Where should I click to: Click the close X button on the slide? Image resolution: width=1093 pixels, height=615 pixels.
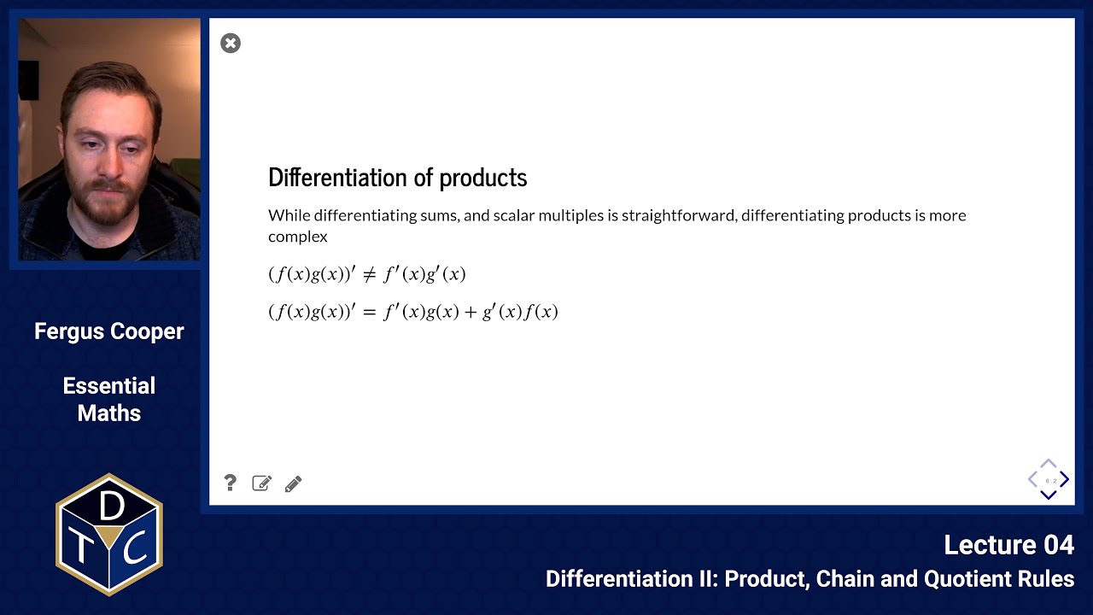[231, 44]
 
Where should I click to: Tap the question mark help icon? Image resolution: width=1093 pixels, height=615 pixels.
[230, 483]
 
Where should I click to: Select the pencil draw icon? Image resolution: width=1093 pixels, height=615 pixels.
[293, 484]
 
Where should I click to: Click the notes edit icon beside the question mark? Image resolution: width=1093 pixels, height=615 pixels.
[261, 483]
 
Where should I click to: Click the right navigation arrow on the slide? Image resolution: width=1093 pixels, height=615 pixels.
[1065, 480]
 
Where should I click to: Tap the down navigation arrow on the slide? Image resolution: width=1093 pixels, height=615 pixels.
[1049, 495]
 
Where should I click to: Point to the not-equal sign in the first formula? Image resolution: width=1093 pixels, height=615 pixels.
[369, 275]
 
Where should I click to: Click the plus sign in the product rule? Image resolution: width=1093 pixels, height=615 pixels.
[471, 313]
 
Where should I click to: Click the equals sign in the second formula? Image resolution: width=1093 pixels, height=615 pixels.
[369, 313]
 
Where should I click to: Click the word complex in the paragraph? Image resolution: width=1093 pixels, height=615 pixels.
[297, 237]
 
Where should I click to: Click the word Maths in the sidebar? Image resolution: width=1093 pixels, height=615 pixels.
[109, 413]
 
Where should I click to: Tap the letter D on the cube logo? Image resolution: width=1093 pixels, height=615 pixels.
[111, 507]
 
